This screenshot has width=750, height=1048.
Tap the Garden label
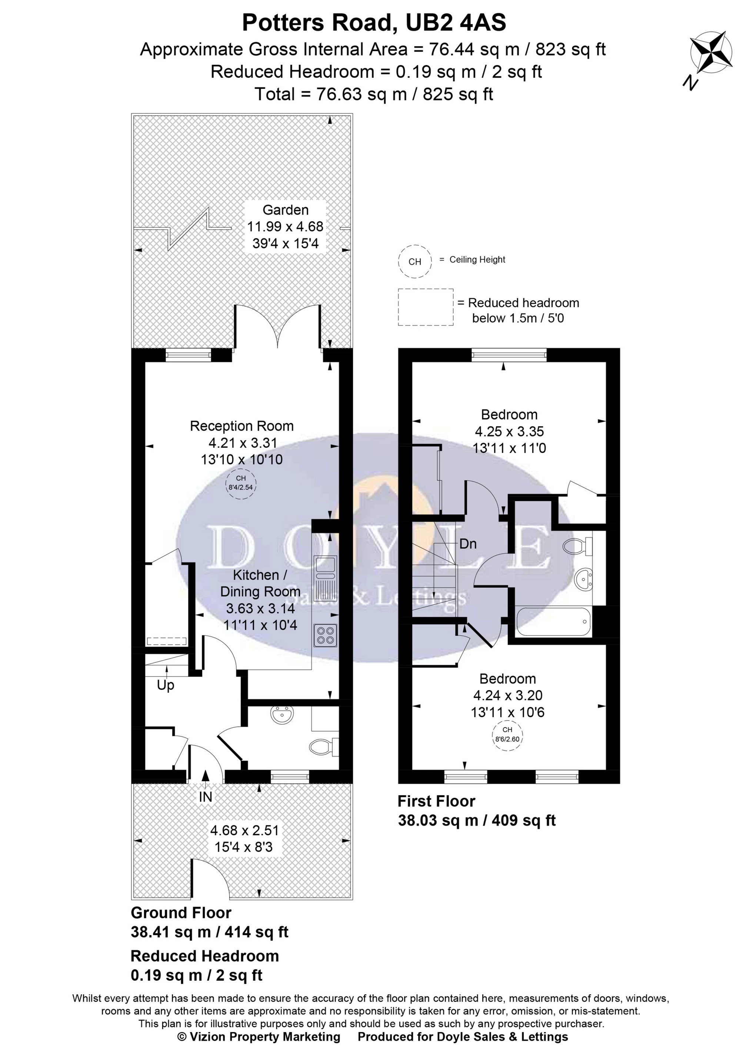pyautogui.click(x=286, y=210)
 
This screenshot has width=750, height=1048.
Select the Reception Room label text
pyautogui.click(x=241, y=426)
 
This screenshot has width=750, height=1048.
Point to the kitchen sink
pyautogui.click(x=325, y=568)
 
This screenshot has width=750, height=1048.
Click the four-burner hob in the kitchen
pyautogui.click(x=325, y=635)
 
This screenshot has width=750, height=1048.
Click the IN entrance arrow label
pyautogui.click(x=205, y=796)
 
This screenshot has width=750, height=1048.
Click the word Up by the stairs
pyautogui.click(x=165, y=685)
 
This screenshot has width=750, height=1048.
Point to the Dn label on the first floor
pyautogui.click(x=468, y=544)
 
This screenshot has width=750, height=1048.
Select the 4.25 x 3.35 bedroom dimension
pyautogui.click(x=509, y=431)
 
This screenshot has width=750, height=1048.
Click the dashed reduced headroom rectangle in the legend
pyautogui.click(x=425, y=308)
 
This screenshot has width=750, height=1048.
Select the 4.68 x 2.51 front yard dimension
pyautogui.click(x=244, y=831)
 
